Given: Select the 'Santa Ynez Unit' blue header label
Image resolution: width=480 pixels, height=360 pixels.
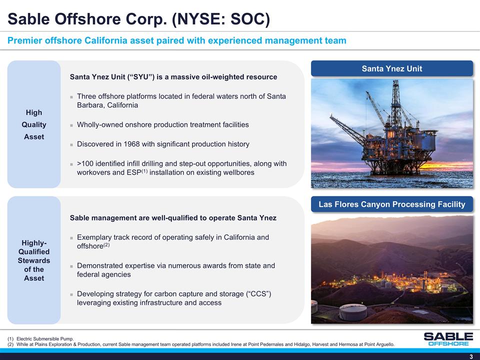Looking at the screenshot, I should [392, 68].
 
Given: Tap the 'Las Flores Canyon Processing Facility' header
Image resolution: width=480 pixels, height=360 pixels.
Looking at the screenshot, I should [392, 204].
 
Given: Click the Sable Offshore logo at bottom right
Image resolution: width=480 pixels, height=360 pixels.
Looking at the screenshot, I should [447, 338].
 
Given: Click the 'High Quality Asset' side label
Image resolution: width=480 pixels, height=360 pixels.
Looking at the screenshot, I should [34, 124].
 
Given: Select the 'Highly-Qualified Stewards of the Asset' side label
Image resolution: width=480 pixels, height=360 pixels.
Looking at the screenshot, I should [34, 260].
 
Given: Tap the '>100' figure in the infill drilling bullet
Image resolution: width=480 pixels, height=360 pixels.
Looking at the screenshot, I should [86, 163].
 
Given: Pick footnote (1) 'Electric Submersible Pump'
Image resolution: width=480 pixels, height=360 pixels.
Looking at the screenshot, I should [44, 339].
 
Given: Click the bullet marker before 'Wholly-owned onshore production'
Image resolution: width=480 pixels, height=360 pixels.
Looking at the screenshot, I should [72, 125].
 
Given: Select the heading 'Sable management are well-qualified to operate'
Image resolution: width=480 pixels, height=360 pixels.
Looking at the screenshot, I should [173, 218].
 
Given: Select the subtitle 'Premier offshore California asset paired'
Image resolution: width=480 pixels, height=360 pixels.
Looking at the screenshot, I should [176, 40].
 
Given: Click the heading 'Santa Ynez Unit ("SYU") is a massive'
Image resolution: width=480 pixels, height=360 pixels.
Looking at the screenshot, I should [173, 77].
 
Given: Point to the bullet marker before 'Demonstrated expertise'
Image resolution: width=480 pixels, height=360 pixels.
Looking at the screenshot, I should [72, 266].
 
